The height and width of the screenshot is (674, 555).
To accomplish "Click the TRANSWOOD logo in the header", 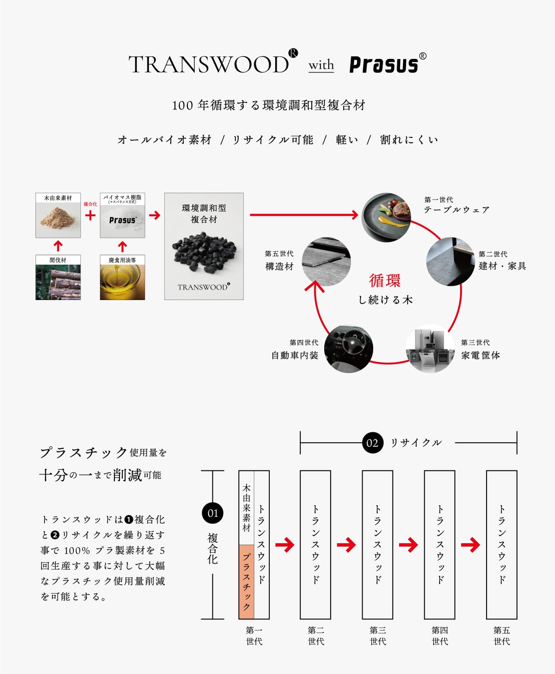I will coord(209,64).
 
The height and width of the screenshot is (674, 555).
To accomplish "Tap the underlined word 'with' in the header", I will coord(321,65).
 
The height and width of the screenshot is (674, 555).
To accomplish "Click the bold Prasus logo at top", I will coord(384,64).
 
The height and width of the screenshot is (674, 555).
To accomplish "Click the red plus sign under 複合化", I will coord(90,215).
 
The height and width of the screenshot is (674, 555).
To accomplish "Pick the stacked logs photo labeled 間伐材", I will coord(58,282).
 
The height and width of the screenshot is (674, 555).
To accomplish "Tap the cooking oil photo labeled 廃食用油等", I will coord(122,282).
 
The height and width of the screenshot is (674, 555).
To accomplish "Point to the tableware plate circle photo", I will coord(386,217).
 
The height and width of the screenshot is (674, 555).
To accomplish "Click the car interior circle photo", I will coord(348,348).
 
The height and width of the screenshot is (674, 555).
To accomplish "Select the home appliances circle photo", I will coord(430,348).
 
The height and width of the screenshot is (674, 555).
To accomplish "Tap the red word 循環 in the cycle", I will coord(385,281).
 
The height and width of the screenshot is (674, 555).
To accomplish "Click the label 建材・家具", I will coord(502,266).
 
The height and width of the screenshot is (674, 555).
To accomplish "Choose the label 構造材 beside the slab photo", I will coord(279,266).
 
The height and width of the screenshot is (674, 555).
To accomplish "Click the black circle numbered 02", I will coord(372,443).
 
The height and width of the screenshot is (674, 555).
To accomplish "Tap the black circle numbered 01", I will coord(213,513).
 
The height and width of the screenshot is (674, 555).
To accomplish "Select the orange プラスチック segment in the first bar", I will coord(246,582).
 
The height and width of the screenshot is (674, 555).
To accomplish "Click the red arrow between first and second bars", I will coord(285,545).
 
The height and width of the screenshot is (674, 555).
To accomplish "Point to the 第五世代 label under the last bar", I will coord(502,636).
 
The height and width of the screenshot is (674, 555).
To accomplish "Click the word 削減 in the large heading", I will coord(127,475).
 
